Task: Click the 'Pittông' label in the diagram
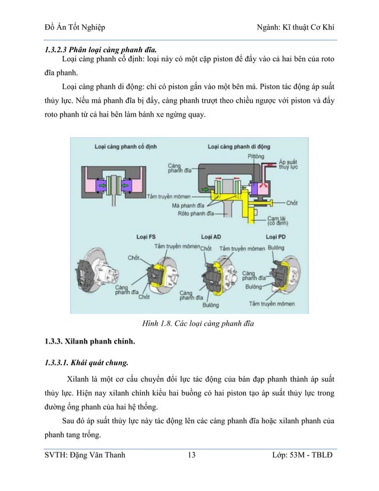[x=257, y=156]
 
